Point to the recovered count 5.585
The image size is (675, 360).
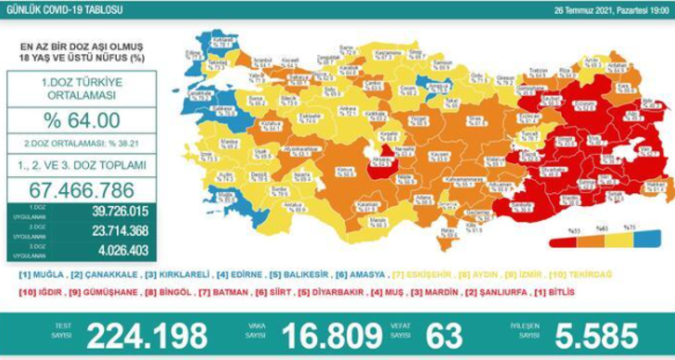click(x=588, y=335)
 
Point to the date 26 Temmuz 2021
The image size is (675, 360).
click(x=594, y=8)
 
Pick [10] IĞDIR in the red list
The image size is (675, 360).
click(x=39, y=291)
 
